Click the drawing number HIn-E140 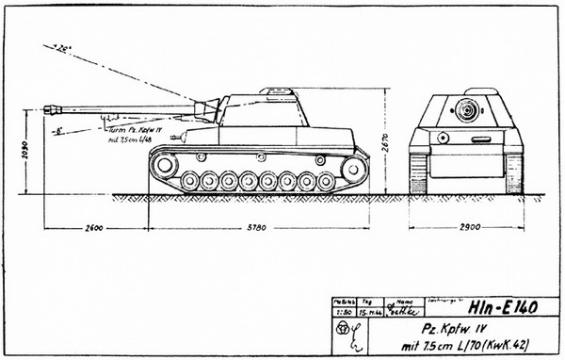(502, 308)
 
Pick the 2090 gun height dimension (28, 151)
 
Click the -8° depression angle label (58, 131)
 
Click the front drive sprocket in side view (163, 167)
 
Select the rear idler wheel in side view (351, 169)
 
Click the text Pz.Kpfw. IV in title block (436, 329)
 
